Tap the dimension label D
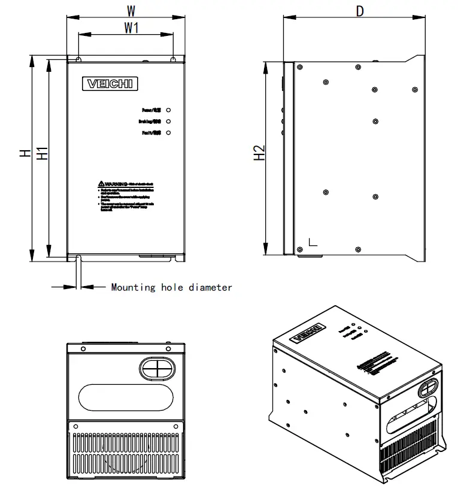coord(359,11)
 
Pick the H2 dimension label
coord(259,153)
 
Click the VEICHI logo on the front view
coord(112,84)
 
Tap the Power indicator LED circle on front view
coord(168,111)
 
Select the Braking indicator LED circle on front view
coord(168,122)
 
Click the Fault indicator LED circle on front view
coord(168,132)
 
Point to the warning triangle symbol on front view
coord(101,183)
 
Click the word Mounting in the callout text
coord(133,287)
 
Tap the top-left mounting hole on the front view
coord(78,59)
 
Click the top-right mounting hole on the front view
coord(173,59)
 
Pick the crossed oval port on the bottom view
coord(157,368)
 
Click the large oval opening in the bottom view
coord(126,396)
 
